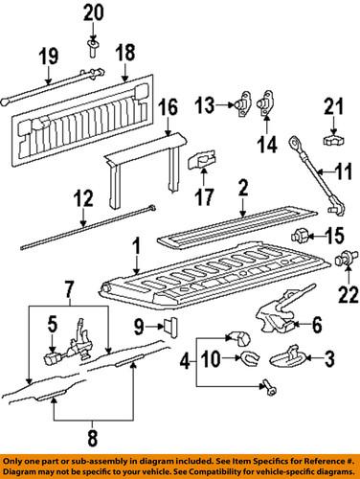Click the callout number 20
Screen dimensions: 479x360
click(x=92, y=12)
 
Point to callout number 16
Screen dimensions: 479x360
click(x=168, y=107)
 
